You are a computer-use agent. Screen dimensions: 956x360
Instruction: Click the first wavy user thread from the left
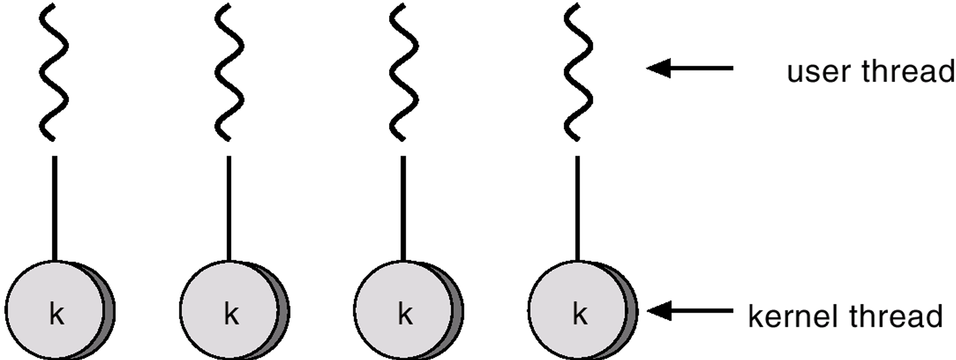(54, 72)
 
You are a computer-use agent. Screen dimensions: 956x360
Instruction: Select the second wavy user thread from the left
(229, 72)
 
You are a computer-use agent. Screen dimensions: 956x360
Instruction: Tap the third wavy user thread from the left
(404, 72)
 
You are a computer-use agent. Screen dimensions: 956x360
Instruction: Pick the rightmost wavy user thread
(578, 72)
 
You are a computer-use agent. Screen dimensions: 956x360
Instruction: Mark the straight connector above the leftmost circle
(55, 208)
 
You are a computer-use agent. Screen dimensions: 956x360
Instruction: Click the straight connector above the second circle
(229, 208)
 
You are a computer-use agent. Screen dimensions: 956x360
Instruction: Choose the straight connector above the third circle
(404, 208)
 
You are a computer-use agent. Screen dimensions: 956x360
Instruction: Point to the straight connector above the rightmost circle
(578, 208)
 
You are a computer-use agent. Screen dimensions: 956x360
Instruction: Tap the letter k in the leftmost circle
(56, 314)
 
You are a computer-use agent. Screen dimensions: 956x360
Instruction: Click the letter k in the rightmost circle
(580, 314)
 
